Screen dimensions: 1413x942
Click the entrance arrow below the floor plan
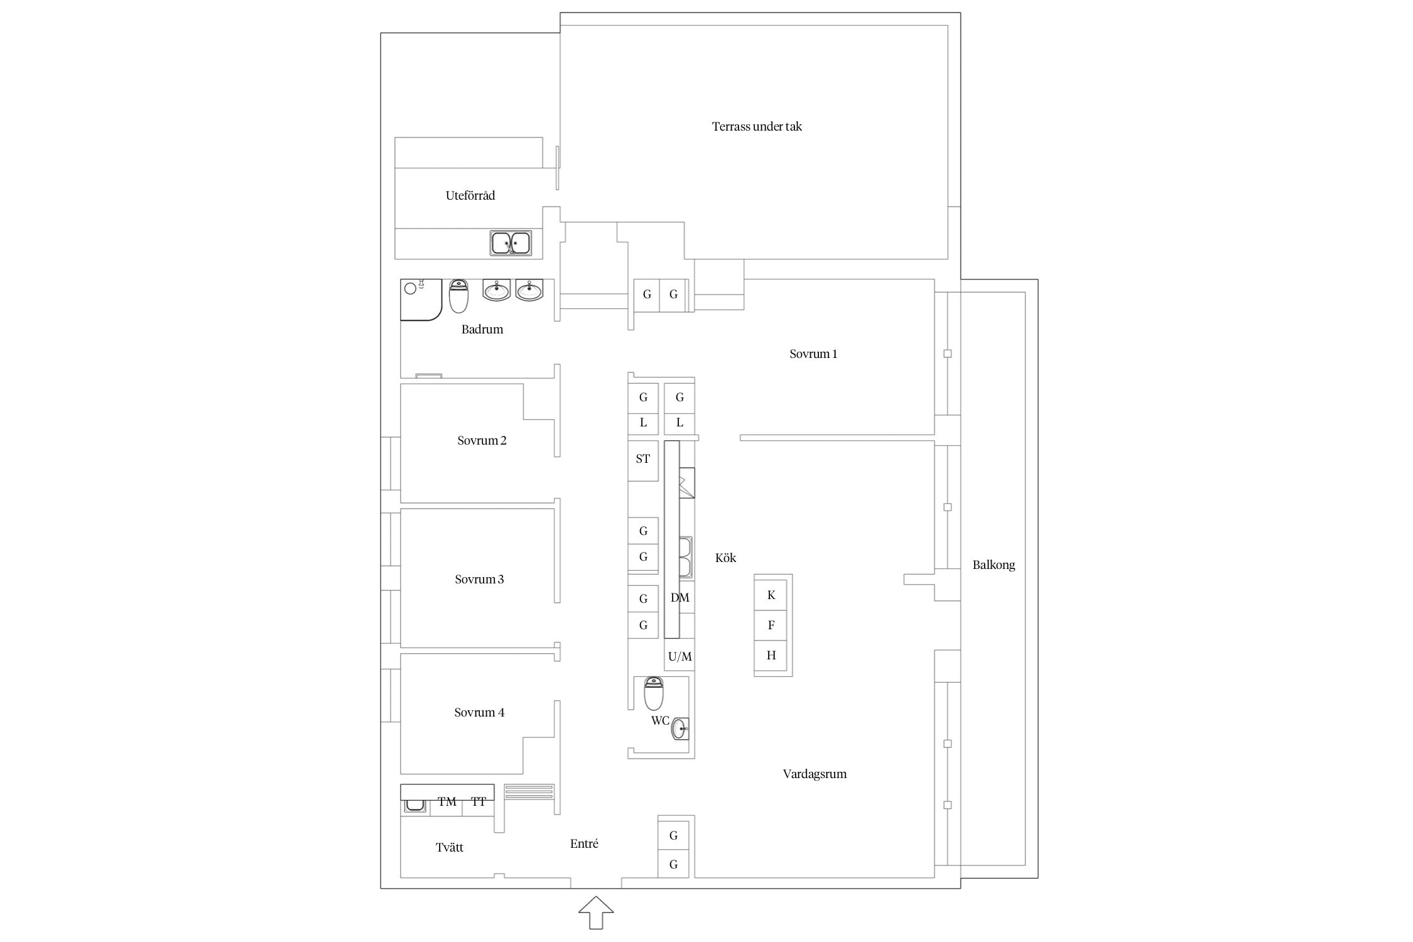tap(596, 912)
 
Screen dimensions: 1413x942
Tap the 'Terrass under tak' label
tap(757, 126)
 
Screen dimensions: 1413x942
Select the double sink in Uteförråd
tap(511, 243)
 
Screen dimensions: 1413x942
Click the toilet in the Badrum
tap(458, 296)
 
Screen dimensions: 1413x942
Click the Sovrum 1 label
tap(813, 354)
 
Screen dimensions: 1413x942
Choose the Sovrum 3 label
tap(479, 579)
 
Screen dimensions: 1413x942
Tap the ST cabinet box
tap(643, 460)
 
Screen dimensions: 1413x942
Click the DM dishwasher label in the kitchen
tap(680, 597)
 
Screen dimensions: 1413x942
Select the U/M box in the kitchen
tap(679, 656)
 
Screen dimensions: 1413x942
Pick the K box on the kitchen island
tap(771, 595)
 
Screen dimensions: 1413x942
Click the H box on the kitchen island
tap(771, 655)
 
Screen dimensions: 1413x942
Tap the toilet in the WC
tap(654, 693)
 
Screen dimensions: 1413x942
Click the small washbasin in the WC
tap(680, 728)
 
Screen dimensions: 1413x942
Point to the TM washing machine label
tap(447, 801)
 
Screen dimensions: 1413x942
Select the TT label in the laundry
tap(479, 801)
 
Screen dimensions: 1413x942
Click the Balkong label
tap(993, 565)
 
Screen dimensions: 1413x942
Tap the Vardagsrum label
tap(815, 774)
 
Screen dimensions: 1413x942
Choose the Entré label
tap(584, 843)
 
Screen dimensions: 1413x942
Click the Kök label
tap(725, 558)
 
